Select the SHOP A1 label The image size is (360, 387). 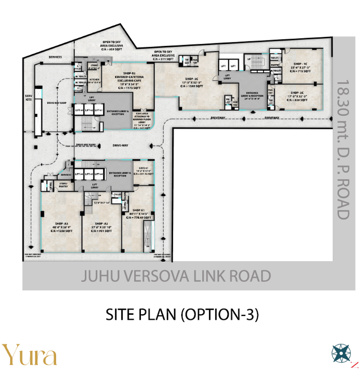pyautogui.click(x=139, y=210)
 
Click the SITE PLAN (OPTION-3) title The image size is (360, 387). pyautogui.click(x=182, y=315)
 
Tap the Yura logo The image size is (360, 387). pyautogui.click(x=29, y=355)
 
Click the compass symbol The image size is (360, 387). pyautogui.click(x=341, y=352)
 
